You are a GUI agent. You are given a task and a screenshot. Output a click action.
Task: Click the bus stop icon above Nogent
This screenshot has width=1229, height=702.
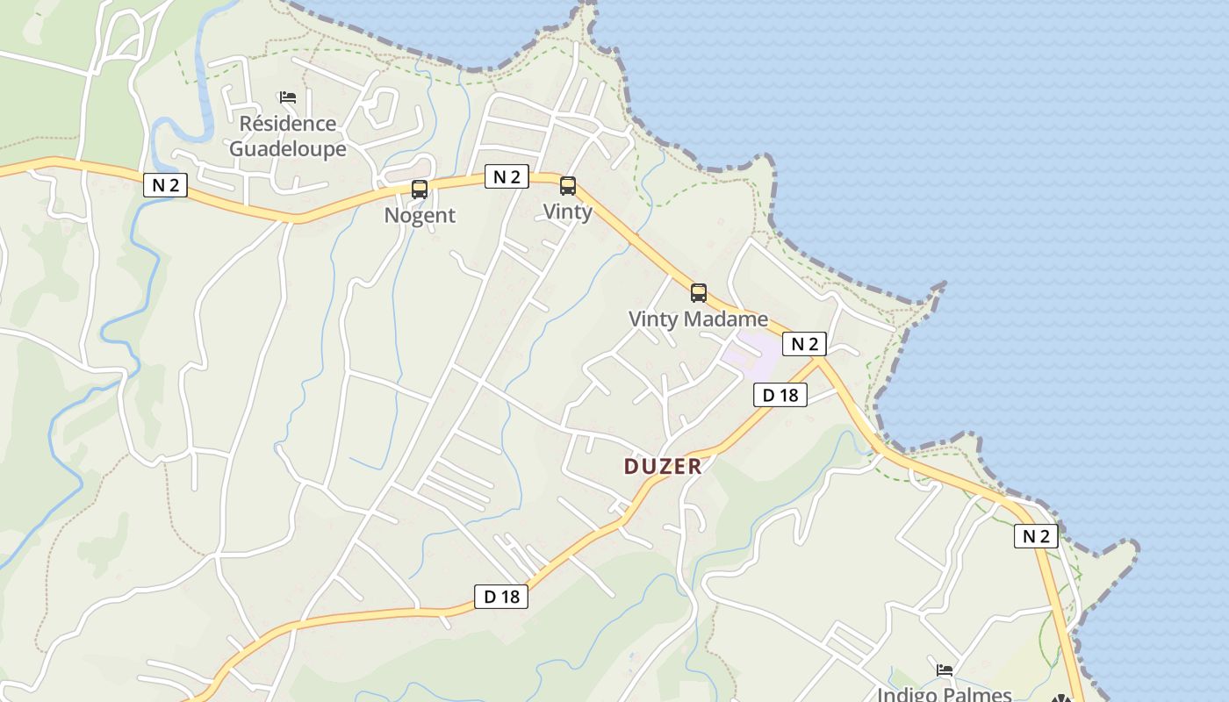click(x=420, y=189)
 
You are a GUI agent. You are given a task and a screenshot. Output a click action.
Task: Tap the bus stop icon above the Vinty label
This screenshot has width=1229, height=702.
click(x=568, y=185)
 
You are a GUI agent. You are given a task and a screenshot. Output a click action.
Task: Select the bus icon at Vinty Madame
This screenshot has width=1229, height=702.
click(x=699, y=293)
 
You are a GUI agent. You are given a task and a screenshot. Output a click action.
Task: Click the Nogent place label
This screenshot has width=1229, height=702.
click(x=420, y=215)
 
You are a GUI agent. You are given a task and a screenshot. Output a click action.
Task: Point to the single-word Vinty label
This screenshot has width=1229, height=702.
click(x=568, y=211)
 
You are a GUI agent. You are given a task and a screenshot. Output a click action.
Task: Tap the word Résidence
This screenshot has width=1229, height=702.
click(x=288, y=124)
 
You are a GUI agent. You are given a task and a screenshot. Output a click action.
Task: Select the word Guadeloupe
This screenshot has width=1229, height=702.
click(x=288, y=149)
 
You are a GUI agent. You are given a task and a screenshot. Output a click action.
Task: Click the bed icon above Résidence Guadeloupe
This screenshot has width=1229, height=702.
click(x=288, y=97)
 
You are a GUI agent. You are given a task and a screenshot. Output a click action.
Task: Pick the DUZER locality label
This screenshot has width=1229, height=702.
click(x=663, y=466)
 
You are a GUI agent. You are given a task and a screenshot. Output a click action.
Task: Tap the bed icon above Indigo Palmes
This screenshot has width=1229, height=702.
click(x=945, y=670)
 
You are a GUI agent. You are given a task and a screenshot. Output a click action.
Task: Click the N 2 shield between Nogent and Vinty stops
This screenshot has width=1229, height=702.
click(x=507, y=176)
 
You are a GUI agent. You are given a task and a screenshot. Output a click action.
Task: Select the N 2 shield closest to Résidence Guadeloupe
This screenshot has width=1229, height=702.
click(x=165, y=185)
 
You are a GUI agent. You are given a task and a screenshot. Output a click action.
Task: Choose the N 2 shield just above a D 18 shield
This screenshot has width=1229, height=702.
click(x=805, y=344)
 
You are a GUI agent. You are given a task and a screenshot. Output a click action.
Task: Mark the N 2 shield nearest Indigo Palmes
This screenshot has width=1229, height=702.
click(x=1036, y=536)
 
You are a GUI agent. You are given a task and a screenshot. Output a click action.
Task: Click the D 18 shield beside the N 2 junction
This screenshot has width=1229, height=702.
click(x=780, y=395)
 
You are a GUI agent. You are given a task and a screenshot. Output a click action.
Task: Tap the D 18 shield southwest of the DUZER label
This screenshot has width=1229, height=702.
click(x=502, y=597)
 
